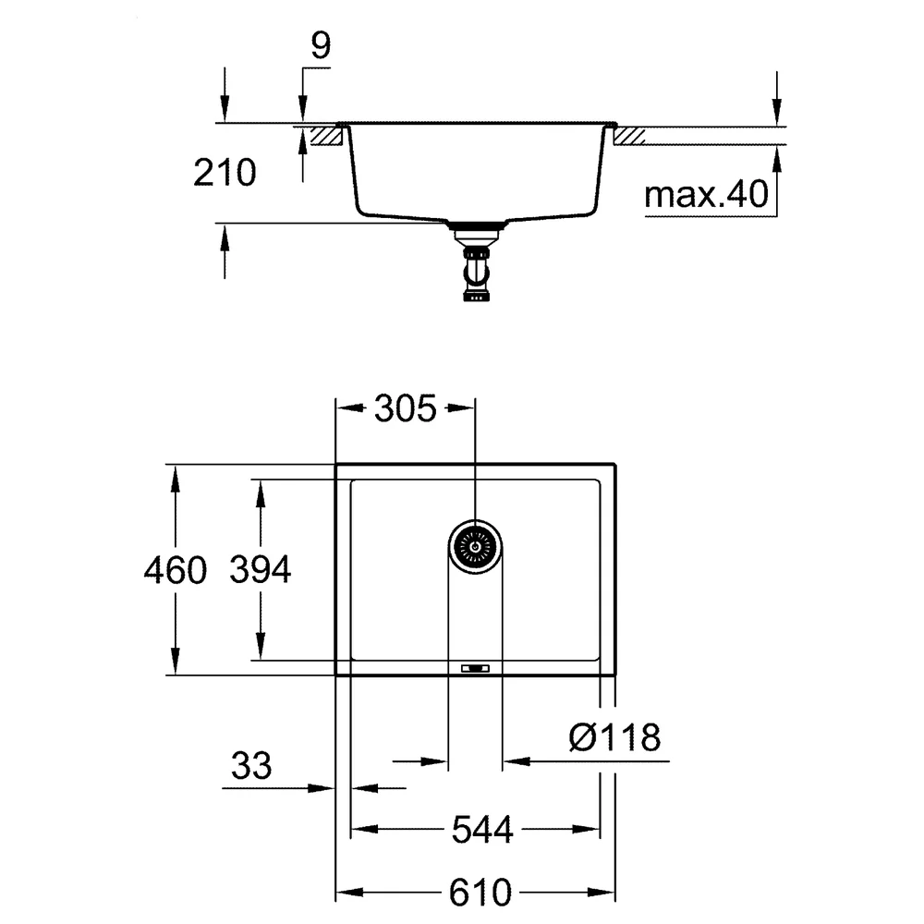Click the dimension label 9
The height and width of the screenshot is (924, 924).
tap(321, 46)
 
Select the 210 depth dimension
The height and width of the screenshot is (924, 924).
tap(225, 174)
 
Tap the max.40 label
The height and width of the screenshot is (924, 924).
tap(706, 194)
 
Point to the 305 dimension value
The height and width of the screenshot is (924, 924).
tap(406, 408)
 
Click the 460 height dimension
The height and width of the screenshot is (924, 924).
tap(176, 570)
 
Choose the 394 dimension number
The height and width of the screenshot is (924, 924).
tap(261, 570)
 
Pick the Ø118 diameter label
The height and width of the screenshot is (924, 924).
tap(614, 737)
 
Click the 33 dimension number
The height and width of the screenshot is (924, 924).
tap(251, 766)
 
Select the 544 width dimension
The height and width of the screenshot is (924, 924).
tap(482, 831)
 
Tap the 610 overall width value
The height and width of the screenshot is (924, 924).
tap(480, 893)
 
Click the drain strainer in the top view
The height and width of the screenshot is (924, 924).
tap(475, 547)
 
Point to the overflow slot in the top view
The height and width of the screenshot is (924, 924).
tap(475, 668)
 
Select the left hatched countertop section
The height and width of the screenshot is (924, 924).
tap(326, 136)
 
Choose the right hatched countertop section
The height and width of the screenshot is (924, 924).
tap(628, 136)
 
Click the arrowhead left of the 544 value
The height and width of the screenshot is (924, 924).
tap(365, 830)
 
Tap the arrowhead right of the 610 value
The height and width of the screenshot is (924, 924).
tap(602, 893)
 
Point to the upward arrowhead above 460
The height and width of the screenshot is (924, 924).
tap(175, 479)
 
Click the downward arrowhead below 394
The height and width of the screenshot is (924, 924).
tap(261, 647)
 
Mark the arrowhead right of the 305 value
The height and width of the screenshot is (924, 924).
tap(461, 407)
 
